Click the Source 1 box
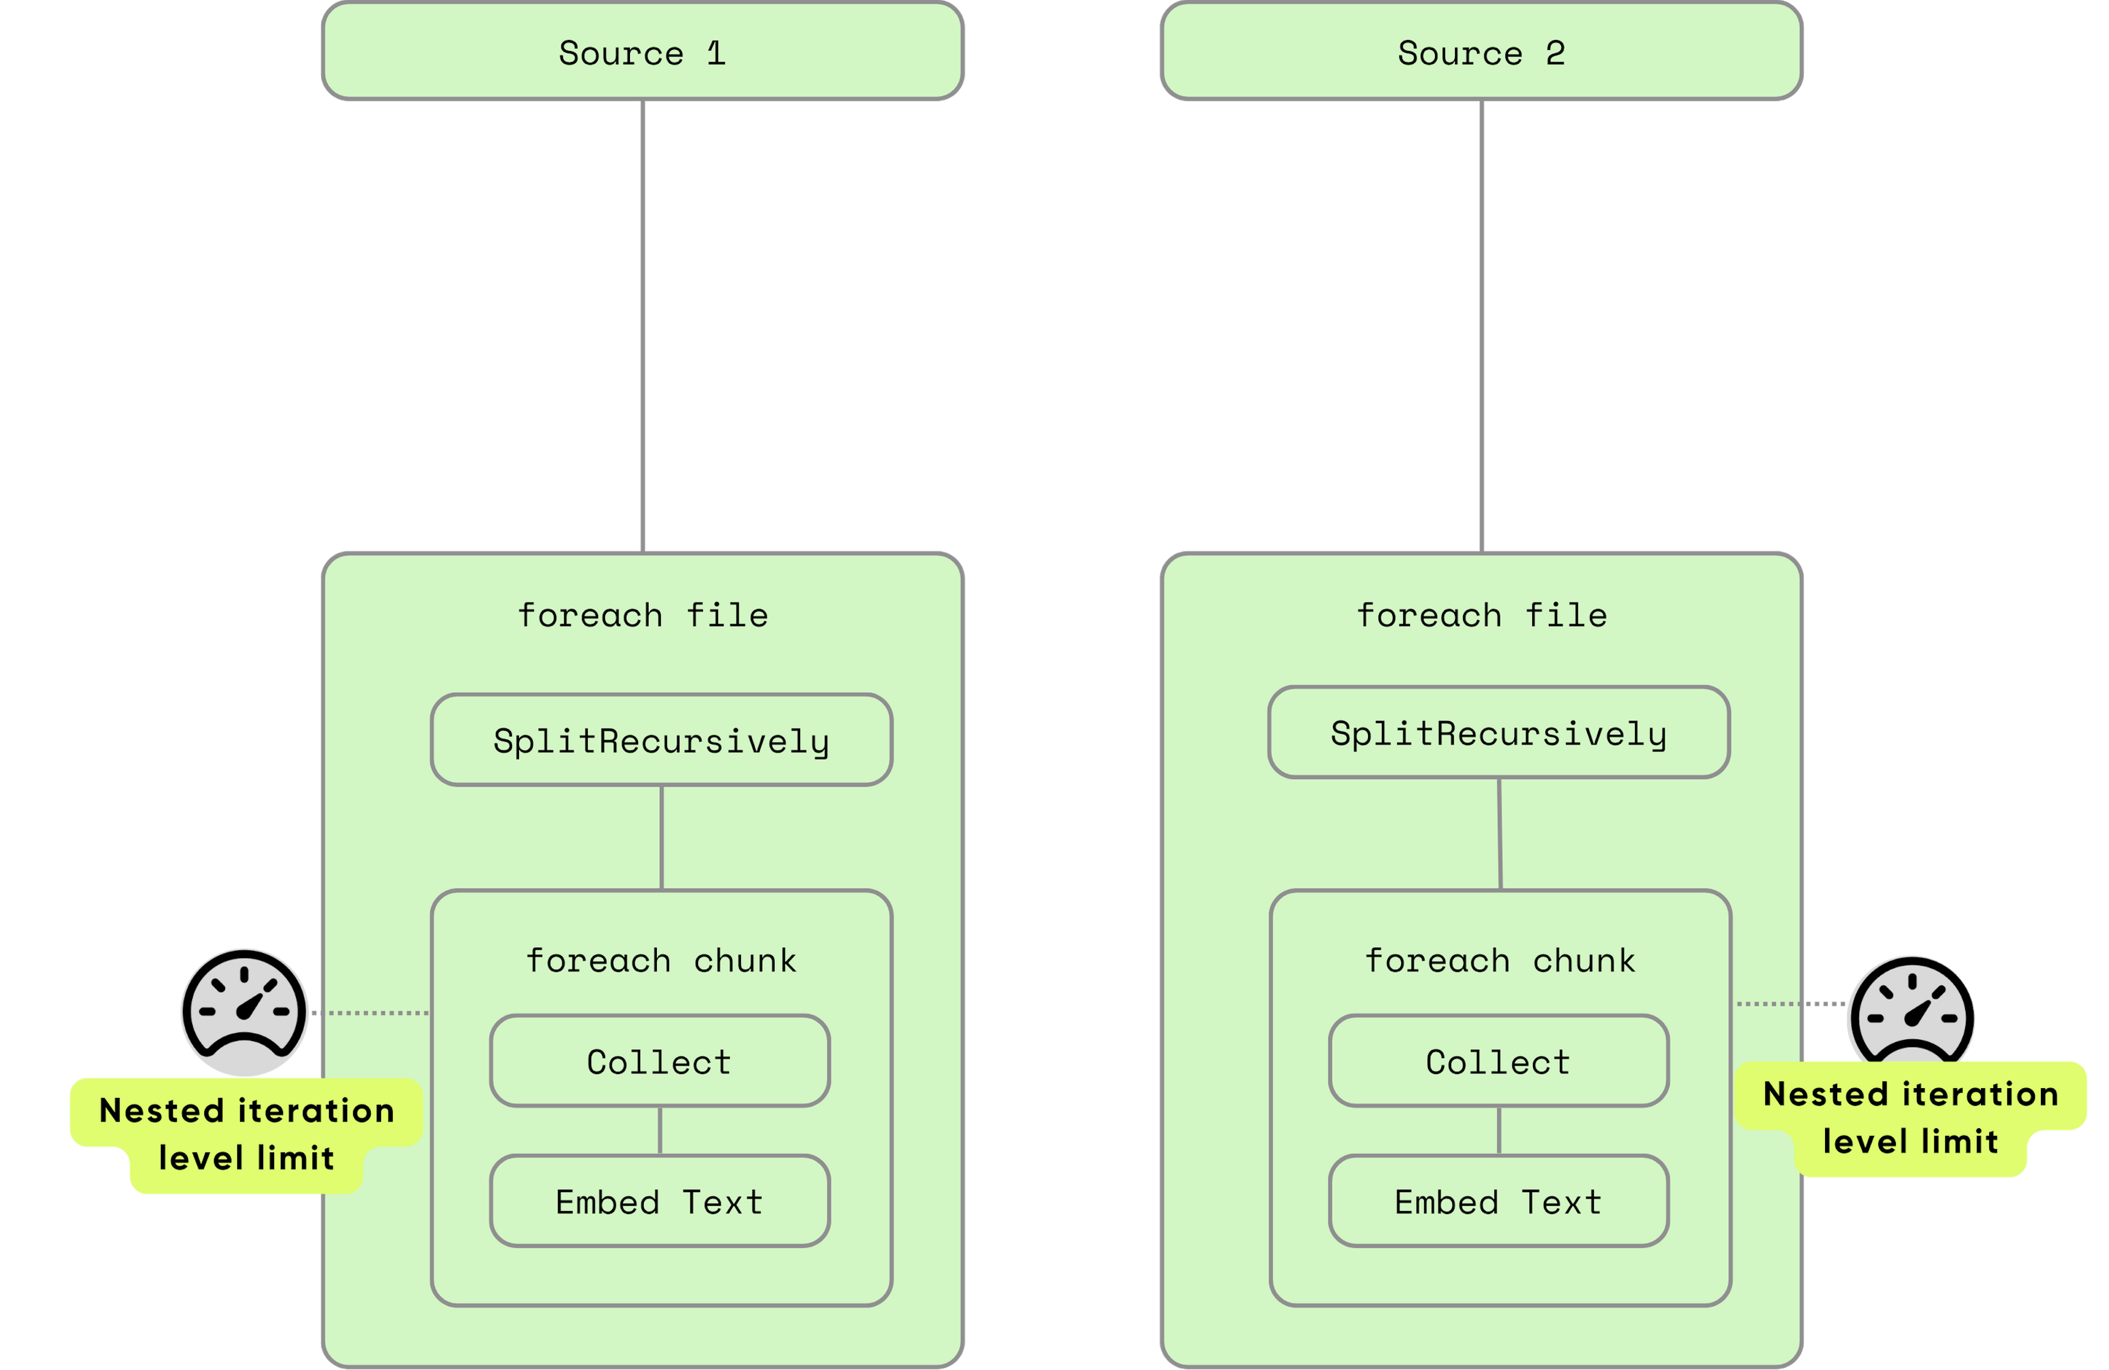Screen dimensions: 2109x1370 643,51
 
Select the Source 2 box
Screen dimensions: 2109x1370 1482,51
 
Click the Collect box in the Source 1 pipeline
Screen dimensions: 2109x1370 659,1061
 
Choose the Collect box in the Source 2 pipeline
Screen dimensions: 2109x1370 1498,1061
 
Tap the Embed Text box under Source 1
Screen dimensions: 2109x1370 659,1201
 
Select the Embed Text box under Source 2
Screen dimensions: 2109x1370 1498,1201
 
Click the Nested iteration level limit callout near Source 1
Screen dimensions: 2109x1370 247,1135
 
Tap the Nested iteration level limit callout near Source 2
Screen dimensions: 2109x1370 1911,1118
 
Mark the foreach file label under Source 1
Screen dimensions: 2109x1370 643,615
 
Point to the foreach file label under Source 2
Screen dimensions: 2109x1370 1482,615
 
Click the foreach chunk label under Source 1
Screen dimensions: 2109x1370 661,961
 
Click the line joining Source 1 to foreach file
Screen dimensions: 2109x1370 643,326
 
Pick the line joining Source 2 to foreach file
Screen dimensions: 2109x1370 1482,326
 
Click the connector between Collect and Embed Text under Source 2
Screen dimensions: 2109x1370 1498,1130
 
